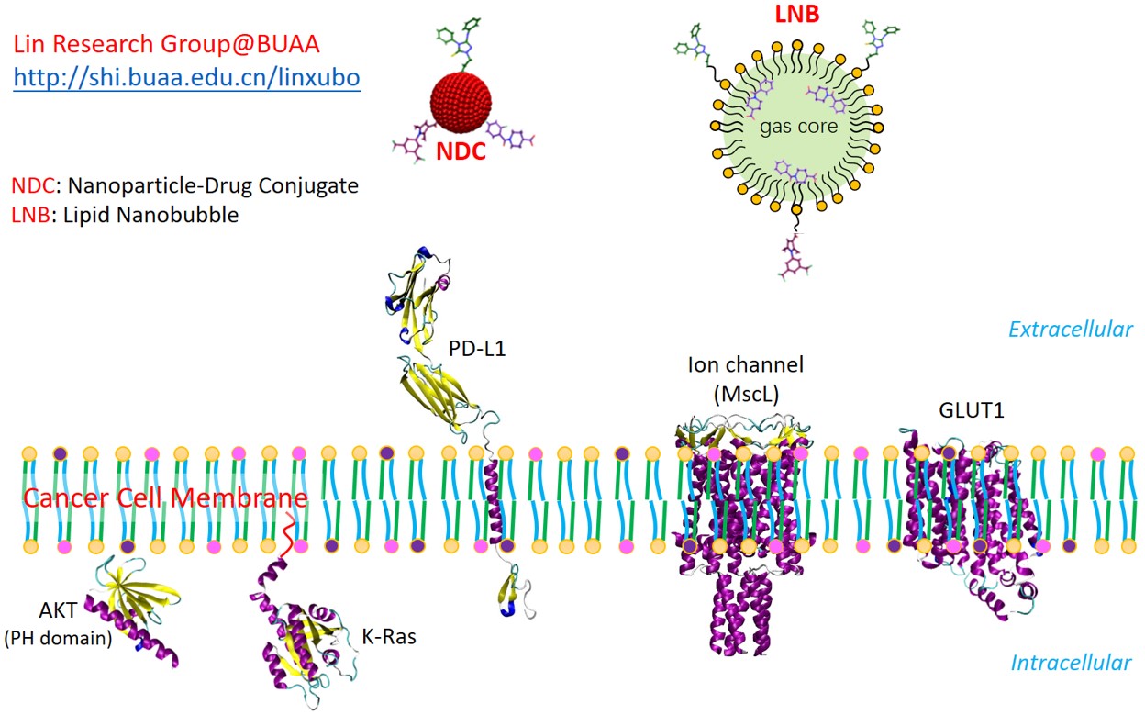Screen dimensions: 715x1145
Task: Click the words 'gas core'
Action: (798, 127)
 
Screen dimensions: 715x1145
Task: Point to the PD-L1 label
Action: (476, 349)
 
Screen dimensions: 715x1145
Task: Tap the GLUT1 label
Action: (971, 410)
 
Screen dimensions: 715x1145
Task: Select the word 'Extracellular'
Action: (1071, 330)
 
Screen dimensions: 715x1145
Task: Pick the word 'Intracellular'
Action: (1071, 663)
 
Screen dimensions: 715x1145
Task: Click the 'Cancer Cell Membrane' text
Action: (165, 498)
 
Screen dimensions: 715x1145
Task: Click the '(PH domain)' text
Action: (58, 638)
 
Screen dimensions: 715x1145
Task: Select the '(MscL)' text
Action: (746, 394)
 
